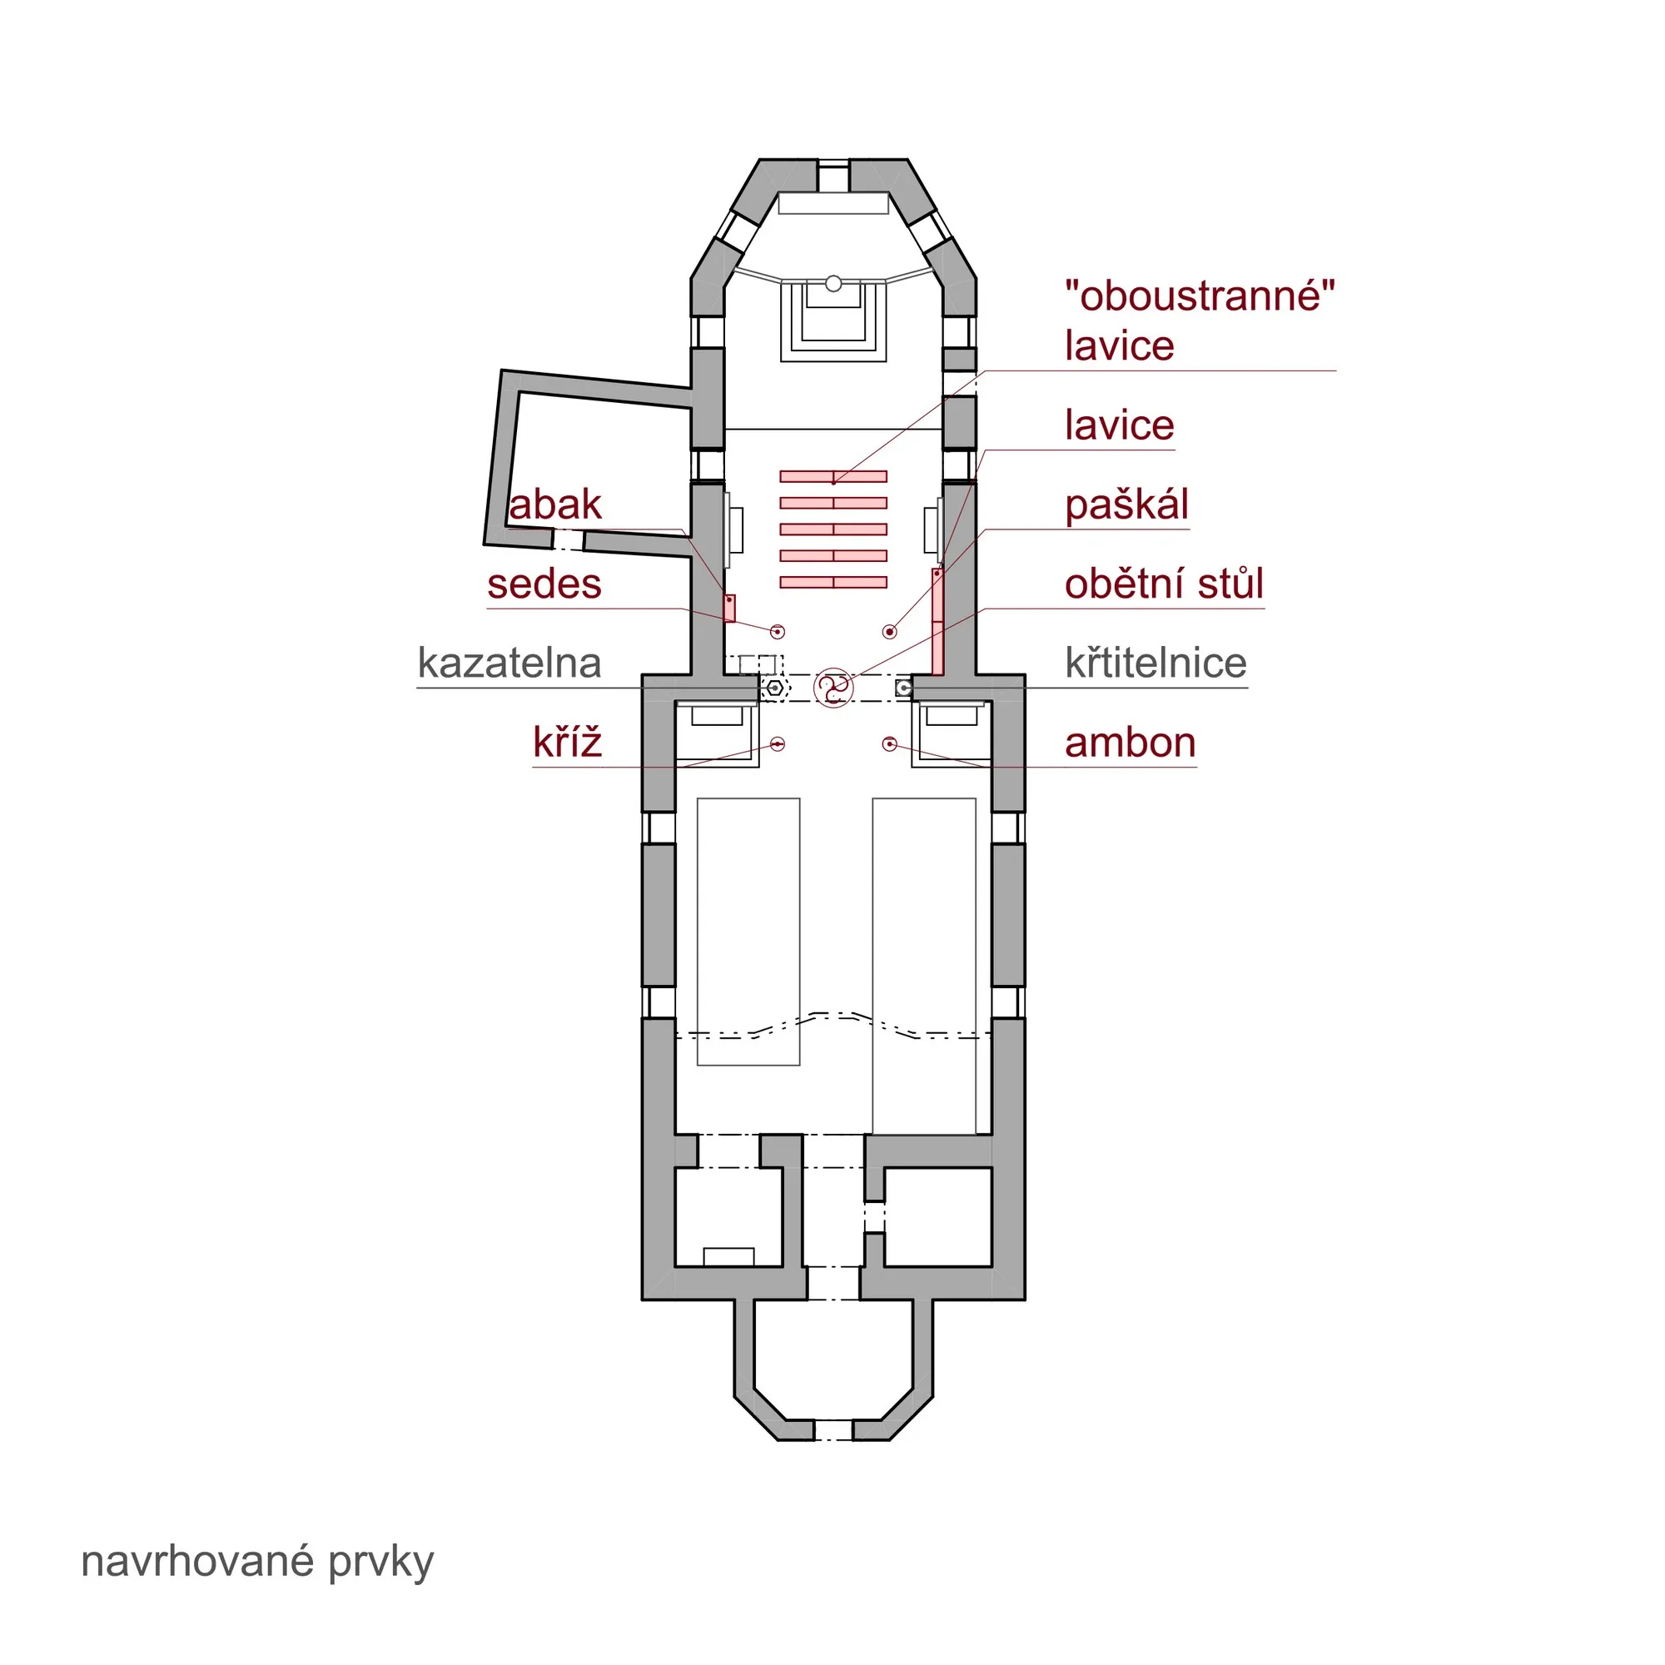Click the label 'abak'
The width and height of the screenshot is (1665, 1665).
click(554, 505)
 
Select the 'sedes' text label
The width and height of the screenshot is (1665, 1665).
click(544, 584)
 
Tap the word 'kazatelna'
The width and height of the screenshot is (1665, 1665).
click(509, 664)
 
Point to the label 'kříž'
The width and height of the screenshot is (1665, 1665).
click(567, 742)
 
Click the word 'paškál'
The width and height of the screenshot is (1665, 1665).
click(1126, 506)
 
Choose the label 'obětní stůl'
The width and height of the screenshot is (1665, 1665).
click(1165, 584)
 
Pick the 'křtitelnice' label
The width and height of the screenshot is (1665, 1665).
click(1156, 663)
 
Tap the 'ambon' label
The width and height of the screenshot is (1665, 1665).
click(1130, 743)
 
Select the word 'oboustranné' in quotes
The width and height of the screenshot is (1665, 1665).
click(1200, 296)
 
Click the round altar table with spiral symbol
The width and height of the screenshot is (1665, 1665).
click(833, 688)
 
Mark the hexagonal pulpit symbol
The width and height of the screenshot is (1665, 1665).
click(776, 688)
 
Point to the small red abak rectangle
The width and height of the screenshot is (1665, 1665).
click(729, 609)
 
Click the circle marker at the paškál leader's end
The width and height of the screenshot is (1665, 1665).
click(890, 632)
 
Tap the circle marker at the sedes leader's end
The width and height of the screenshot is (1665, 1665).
click(778, 632)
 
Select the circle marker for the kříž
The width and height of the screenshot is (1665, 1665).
click(778, 743)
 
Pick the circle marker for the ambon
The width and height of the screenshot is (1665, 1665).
click(890, 743)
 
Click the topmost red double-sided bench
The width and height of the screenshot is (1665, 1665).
click(833, 476)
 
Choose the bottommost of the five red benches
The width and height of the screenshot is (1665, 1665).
click(833, 583)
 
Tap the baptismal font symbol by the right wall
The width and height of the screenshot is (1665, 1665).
click(903, 688)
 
